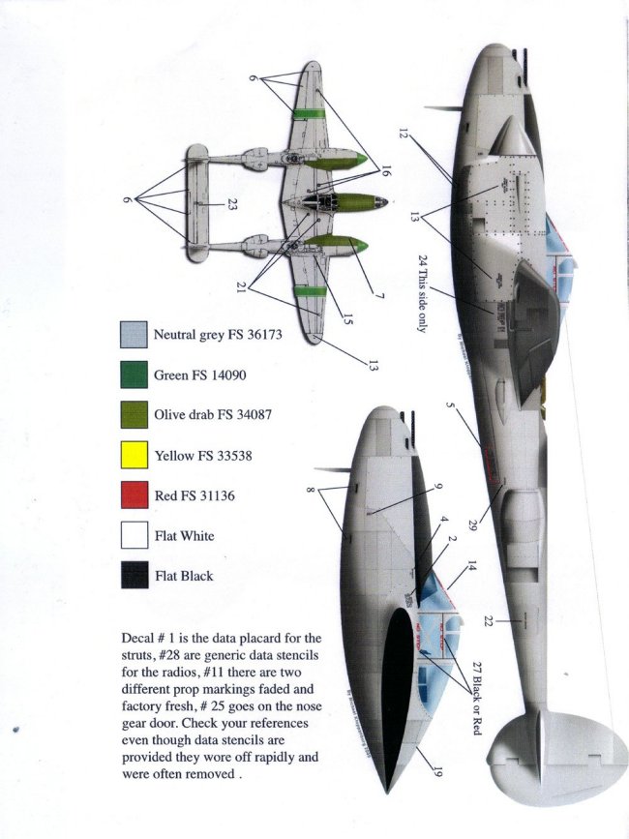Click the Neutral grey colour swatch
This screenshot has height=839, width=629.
(134, 336)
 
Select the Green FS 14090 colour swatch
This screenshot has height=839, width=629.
(134, 375)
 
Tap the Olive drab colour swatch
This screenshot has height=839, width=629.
(134, 415)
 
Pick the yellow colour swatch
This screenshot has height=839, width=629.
(134, 455)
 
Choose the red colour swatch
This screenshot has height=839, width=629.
(134, 495)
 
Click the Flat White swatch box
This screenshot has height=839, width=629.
(134, 535)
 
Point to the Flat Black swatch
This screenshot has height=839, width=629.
(134, 575)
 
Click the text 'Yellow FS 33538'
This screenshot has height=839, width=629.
(202, 455)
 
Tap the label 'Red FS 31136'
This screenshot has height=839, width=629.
(194, 495)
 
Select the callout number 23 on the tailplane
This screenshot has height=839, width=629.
(232, 204)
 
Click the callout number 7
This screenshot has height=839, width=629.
(380, 290)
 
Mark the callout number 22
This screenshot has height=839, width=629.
(489, 621)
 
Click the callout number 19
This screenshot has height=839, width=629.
(436, 771)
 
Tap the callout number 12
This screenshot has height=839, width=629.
(404, 132)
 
